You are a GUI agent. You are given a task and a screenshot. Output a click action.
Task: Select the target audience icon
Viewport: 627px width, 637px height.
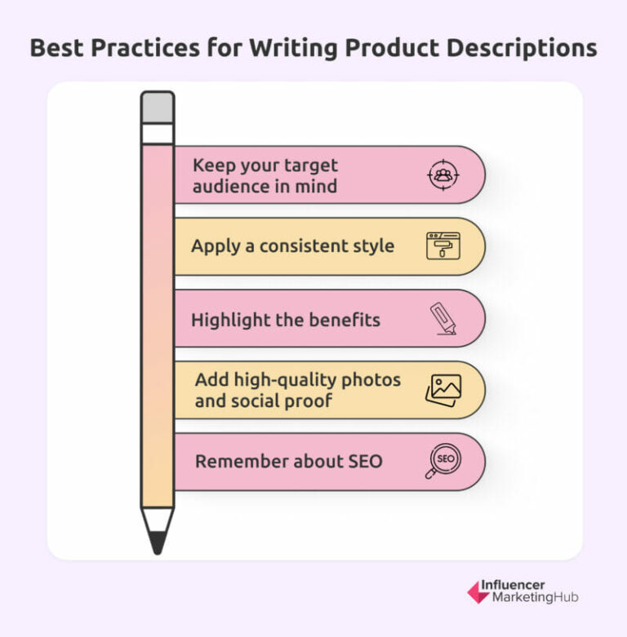point(443,174)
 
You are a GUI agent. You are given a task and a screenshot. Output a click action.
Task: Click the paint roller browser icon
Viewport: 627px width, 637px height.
point(443,246)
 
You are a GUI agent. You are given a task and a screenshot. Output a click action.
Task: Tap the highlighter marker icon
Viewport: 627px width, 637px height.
point(443,318)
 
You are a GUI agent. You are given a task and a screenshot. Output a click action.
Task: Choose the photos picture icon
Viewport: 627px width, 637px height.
point(443,390)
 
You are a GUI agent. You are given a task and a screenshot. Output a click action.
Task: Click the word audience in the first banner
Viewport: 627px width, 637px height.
point(233,185)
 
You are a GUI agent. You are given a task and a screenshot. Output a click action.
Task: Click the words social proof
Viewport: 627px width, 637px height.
point(301,401)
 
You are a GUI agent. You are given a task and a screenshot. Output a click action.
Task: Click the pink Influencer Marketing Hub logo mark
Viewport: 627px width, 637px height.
point(478,591)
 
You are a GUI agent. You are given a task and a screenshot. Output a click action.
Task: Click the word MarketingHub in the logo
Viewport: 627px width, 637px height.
point(535,598)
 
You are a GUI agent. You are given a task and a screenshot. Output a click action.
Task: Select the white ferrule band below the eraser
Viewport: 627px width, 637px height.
point(158,133)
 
